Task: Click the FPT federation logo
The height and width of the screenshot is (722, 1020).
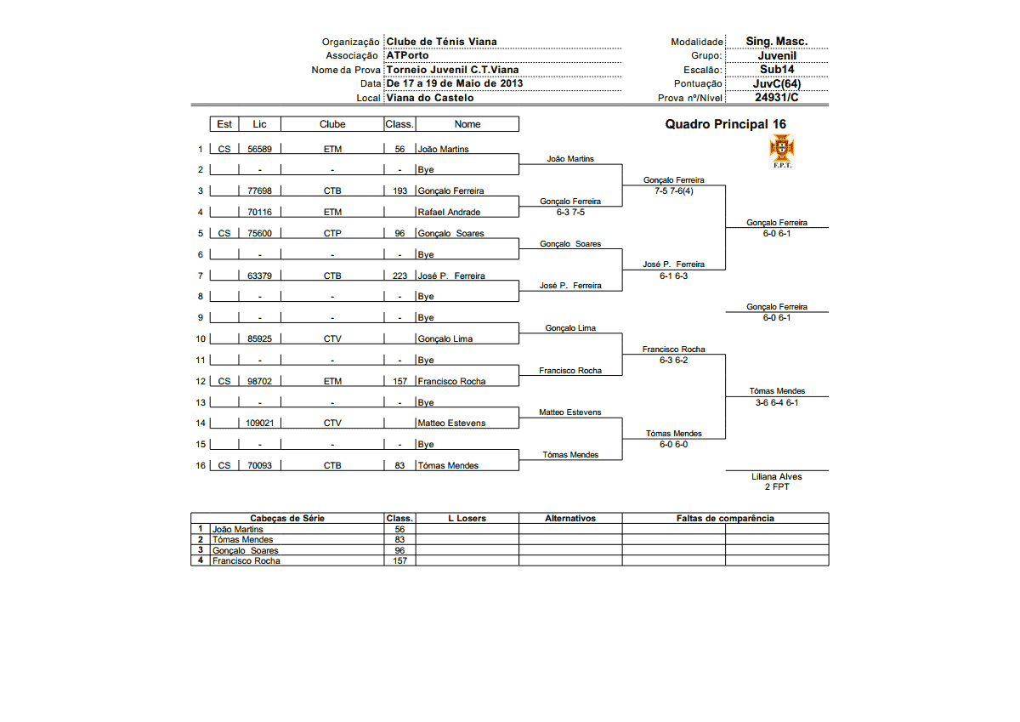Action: pos(781,151)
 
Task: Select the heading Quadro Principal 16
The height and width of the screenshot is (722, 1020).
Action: pos(725,124)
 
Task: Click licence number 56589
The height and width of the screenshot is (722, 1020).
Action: pos(259,149)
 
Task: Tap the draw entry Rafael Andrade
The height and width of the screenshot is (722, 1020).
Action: pos(448,212)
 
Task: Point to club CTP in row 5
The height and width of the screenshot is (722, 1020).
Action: pos(332,233)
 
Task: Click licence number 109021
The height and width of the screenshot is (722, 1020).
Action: pos(259,423)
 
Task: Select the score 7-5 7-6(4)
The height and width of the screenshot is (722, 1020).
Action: pos(673,190)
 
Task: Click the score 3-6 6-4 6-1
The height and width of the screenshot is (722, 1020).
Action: pos(777,402)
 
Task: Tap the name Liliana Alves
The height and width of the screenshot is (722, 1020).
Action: pos(777,476)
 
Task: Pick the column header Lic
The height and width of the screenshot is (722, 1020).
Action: pos(259,124)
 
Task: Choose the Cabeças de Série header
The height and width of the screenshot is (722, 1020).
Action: pos(287,518)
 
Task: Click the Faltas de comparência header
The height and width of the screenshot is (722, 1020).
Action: pos(725,518)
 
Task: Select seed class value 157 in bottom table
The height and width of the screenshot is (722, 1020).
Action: pos(399,560)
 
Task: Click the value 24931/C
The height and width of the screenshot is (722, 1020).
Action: pos(777,97)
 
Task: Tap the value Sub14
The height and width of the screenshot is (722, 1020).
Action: pos(777,70)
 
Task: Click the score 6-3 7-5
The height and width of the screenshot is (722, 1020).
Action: pos(569,212)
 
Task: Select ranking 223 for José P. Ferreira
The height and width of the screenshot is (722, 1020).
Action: pos(399,276)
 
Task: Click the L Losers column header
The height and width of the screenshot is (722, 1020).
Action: pos(467,518)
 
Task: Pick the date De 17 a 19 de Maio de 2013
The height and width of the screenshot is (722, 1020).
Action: pos(455,83)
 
